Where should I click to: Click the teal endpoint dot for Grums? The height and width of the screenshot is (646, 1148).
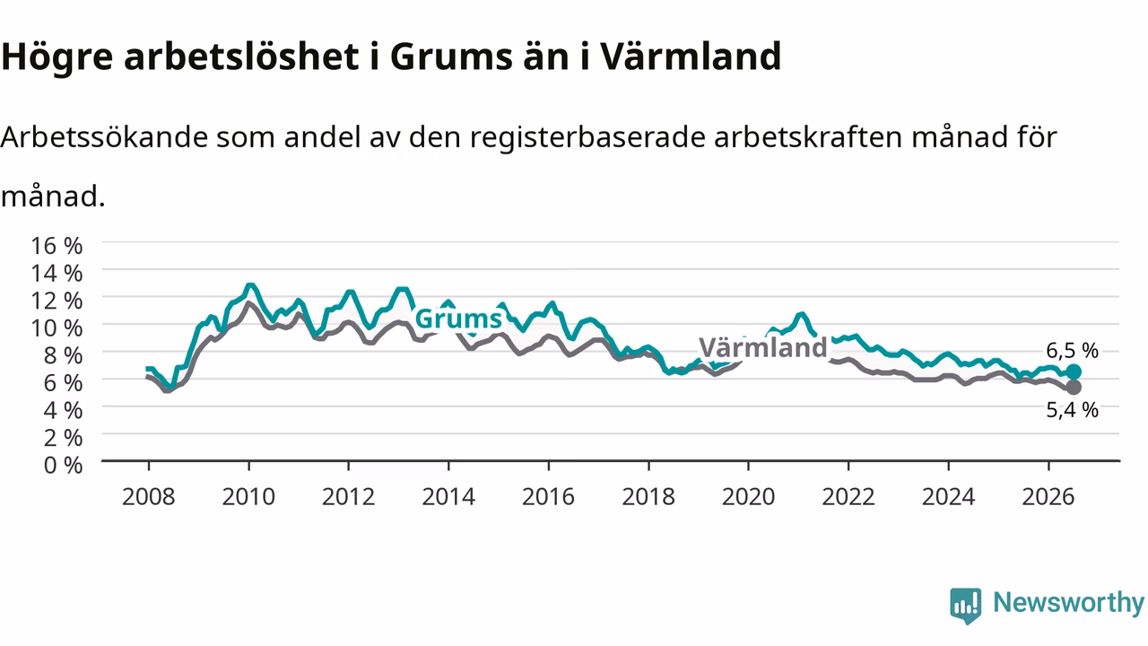1074,371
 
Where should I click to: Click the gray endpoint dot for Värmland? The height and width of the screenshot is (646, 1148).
1074,387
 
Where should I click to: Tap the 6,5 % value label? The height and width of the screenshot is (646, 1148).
1072,351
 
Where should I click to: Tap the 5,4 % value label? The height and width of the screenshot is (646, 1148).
1072,410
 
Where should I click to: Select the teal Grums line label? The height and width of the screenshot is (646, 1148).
458,319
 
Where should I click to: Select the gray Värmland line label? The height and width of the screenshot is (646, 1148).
763,347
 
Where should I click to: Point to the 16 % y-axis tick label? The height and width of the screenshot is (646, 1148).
57,246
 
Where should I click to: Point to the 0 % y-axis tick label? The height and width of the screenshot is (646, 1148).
64,466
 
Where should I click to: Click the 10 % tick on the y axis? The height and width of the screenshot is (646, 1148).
57,328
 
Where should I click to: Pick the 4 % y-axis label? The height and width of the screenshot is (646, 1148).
64,411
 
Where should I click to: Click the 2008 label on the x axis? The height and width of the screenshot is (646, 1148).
149,497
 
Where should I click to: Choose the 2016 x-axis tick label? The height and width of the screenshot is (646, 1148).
548,497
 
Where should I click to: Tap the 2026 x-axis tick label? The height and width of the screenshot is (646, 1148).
1048,497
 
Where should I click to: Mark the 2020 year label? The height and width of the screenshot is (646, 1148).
748,497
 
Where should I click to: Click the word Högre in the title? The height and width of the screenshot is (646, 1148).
57,57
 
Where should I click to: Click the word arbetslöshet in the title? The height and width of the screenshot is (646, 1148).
241,56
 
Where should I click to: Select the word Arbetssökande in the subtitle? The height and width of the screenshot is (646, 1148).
105,137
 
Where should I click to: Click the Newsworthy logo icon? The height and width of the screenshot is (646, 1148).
966,606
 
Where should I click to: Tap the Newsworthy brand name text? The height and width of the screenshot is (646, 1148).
1069,603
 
